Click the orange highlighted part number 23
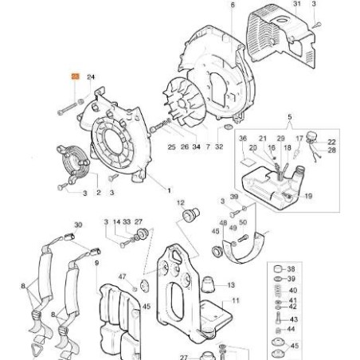tap(75, 76)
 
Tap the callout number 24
tap(91, 76)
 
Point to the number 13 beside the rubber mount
tap(233, 284)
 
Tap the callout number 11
tap(234, 301)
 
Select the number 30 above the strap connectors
tap(76, 225)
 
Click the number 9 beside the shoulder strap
tap(98, 263)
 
